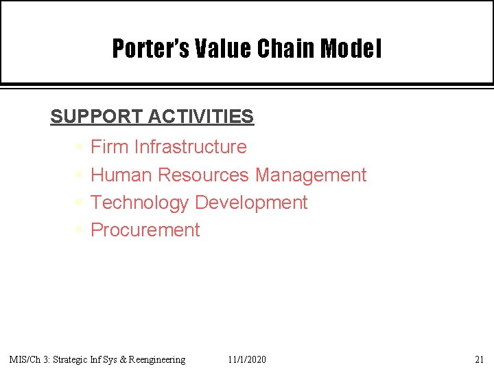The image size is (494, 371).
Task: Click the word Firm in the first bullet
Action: (x=110, y=147)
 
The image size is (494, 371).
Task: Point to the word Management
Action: (x=311, y=175)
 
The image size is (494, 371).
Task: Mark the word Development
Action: (x=251, y=203)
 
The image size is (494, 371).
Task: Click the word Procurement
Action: (x=145, y=230)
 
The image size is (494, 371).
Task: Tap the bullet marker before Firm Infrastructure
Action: (x=79, y=147)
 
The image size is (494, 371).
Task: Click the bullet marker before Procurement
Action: (x=79, y=230)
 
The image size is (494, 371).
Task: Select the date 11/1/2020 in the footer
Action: (x=247, y=359)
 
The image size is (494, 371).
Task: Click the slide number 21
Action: (x=479, y=359)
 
